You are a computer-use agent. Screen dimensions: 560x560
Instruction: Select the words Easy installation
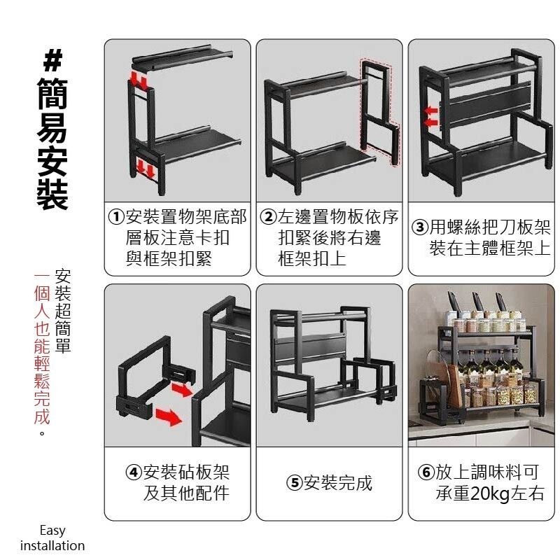click(52, 538)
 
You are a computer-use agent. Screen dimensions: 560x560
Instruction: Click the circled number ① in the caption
click(115, 217)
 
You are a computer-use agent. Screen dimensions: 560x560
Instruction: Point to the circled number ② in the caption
click(268, 217)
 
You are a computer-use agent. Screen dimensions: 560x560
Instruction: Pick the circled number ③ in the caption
click(420, 228)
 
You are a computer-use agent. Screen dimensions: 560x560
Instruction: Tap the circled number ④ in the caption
click(134, 472)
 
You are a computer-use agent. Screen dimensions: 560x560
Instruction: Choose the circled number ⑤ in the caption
click(294, 483)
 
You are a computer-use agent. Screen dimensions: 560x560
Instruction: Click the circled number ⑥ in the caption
click(426, 472)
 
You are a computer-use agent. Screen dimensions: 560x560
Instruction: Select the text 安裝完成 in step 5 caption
click(337, 483)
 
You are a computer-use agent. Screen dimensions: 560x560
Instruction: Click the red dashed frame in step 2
click(379, 112)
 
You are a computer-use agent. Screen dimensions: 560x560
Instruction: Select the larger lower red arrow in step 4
click(167, 418)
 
